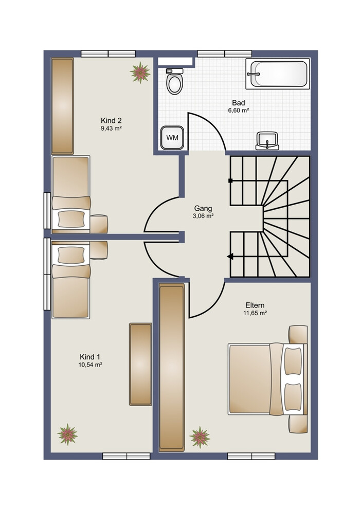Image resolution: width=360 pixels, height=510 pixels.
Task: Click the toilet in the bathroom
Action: pos(174,81)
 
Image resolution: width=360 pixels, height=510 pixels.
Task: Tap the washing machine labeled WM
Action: pos(172,138)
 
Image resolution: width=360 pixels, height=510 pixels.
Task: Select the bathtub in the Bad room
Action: pos(278,74)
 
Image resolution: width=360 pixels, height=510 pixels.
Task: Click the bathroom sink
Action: pos(267,141)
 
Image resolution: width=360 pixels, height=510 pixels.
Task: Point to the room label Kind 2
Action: pos(111,120)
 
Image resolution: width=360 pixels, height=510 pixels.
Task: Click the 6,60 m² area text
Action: pos(239,111)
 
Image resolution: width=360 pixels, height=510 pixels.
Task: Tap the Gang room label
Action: pos(203,208)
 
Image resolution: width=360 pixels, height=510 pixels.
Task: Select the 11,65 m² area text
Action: pos(255,313)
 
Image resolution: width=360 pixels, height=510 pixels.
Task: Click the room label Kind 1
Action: pos(90,357)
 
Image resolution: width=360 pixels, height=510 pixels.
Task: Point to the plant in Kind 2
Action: pos(140,72)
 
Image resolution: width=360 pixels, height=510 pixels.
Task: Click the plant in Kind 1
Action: pos(67,434)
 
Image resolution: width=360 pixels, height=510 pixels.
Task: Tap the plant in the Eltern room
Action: pos(200,437)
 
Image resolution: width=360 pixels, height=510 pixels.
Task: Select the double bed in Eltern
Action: pos(267,379)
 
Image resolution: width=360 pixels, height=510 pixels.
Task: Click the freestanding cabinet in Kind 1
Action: pos(140,365)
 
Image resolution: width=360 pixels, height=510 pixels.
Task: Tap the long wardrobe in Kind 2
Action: pos(63,106)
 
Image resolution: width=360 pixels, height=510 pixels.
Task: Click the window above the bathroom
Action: pos(225,53)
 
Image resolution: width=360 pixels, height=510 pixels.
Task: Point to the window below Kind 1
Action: pos(127,456)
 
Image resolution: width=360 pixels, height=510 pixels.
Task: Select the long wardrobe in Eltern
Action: pos(172,367)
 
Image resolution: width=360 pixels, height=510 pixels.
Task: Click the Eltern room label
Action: pos(255,305)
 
